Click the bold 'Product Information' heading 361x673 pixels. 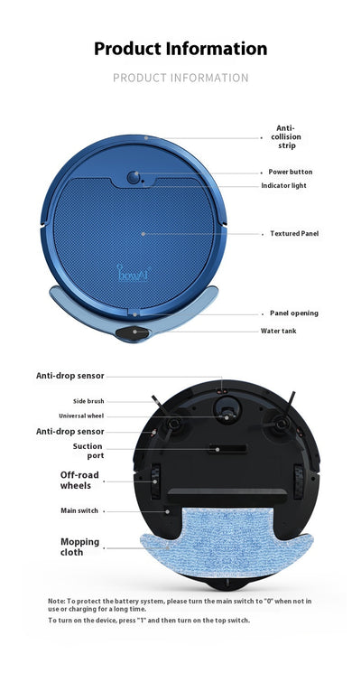pos(180,49)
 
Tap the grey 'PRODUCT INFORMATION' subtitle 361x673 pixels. pos(180,78)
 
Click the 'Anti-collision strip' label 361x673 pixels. pos(286,137)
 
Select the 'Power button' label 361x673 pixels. pos(291,172)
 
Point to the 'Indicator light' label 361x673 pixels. pos(283,185)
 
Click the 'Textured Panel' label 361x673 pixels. pos(294,233)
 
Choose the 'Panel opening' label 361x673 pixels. pos(293,313)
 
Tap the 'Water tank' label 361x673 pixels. pos(278,331)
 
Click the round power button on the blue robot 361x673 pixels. pos(134,177)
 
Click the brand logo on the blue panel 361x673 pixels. pos(132,273)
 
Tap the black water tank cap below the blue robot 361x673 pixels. pos(133,333)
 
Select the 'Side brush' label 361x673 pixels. pos(88,401)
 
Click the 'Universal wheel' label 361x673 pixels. pos(81,416)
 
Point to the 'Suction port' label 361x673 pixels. pos(88,451)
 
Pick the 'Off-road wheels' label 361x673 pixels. pos(79,481)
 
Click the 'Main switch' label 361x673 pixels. pos(79,510)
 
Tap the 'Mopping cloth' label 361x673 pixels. pos(80,547)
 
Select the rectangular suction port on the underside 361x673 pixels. pos(227,449)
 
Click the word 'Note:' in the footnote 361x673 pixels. pos(57,602)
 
